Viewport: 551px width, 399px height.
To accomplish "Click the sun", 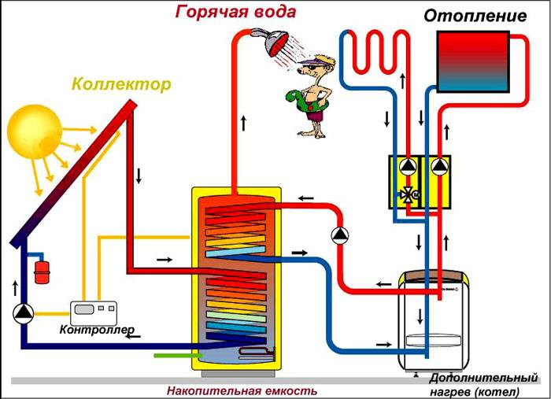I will (x=34, y=131).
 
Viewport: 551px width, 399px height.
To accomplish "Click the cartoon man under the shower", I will (x=312, y=94).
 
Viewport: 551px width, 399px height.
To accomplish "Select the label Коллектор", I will (x=120, y=84).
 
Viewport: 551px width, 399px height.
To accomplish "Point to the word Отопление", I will (x=475, y=16).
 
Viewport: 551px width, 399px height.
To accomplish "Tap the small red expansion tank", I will (x=40, y=272).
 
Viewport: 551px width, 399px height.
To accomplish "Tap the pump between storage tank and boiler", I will (x=340, y=234).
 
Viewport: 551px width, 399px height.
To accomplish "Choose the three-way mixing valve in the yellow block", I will (x=408, y=194).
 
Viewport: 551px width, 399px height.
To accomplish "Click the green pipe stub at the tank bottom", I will (x=174, y=355).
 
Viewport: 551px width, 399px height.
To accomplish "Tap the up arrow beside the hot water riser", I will (x=244, y=123).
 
